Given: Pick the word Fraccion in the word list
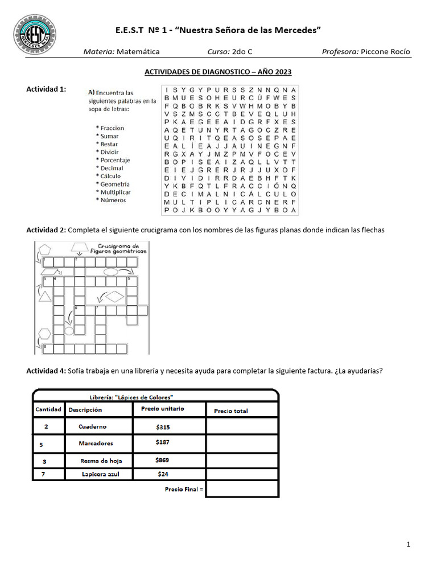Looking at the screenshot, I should (x=112, y=128).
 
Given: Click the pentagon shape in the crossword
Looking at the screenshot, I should (x=43, y=249).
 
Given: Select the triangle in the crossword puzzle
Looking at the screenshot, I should (x=44, y=296).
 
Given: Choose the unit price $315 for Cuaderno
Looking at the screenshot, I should (x=163, y=426).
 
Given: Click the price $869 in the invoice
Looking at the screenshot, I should (x=162, y=459).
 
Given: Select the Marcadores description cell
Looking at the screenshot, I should (x=96, y=443).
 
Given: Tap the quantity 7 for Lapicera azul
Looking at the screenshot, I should (x=44, y=474).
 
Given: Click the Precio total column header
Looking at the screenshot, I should (x=231, y=411).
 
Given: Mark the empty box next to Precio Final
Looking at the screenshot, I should (x=242, y=488).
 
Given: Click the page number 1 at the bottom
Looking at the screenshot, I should (x=409, y=545).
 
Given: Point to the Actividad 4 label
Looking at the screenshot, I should (x=46, y=371).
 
